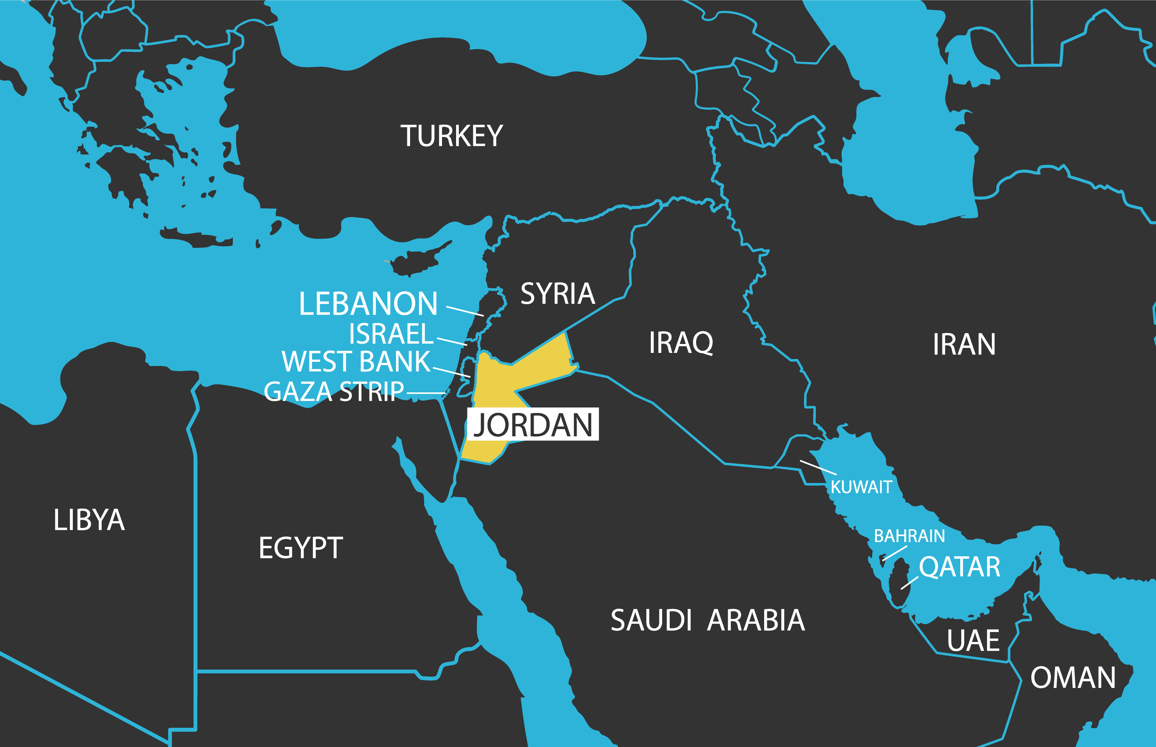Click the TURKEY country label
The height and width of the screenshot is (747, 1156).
pos(451,136)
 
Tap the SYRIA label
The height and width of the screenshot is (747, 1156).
pos(558,294)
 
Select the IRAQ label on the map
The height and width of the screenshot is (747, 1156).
pos(681,343)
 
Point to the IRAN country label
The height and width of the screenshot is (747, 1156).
pos(964,344)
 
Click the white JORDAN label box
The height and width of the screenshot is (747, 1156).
pos(533,424)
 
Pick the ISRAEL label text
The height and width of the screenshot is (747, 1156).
pos(391,334)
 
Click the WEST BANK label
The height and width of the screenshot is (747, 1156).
pos(356,361)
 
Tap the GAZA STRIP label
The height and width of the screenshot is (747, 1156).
pos(334,391)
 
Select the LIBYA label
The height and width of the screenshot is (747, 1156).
pos(89,520)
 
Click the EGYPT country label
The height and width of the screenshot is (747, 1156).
pos(301,548)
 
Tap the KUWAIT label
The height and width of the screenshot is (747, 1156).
pos(861,487)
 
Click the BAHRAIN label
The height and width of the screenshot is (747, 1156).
pos(909,536)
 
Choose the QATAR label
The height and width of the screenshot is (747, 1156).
pos(960,566)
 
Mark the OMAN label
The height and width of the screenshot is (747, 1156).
pos(1073,678)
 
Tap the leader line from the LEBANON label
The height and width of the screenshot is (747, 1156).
pos(465,311)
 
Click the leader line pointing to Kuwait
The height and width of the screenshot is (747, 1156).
pos(818,468)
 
